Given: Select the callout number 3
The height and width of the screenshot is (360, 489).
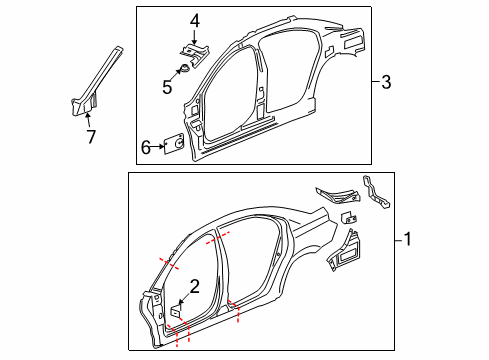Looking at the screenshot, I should point(386,83).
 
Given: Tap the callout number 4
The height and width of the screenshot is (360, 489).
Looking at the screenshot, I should point(195,20).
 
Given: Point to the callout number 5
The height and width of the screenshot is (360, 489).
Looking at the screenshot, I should point(168,86).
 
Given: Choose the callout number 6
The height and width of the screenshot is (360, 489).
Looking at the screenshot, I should point(146,147).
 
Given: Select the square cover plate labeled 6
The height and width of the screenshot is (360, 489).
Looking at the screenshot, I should point(172,146).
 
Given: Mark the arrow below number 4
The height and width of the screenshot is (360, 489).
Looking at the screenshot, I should point(195,36).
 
